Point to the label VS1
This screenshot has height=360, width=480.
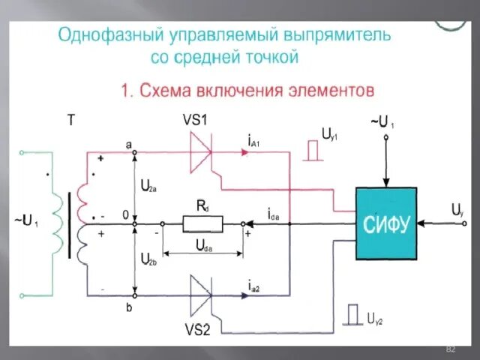[x=196, y=121]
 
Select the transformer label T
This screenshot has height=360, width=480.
[x=71, y=120]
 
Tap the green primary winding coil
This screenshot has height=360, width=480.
[x=55, y=223]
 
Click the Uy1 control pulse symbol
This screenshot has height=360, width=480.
[x=315, y=150]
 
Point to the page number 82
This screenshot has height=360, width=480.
[x=451, y=350]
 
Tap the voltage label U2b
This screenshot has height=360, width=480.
[x=149, y=259]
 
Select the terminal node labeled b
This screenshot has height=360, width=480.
[x=134, y=292]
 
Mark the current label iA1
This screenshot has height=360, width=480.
[x=253, y=140]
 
